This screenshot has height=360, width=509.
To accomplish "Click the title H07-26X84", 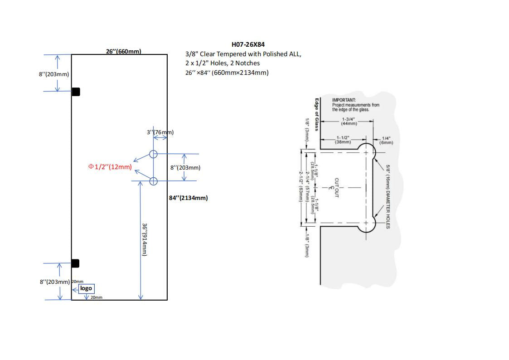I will click(x=248, y=44).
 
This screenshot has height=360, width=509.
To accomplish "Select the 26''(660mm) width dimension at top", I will click(x=123, y=51).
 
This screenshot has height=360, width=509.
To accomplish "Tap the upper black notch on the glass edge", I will click(x=76, y=92).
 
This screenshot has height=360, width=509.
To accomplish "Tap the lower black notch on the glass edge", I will click(x=75, y=263).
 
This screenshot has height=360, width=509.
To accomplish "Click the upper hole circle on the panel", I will click(x=153, y=154).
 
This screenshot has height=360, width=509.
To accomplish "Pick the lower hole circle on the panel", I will click(x=153, y=181).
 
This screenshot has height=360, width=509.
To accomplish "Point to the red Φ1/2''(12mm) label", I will click(x=110, y=167).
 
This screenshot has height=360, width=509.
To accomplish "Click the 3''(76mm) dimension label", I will click(x=160, y=132).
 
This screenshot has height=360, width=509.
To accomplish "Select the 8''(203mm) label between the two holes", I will click(x=185, y=168).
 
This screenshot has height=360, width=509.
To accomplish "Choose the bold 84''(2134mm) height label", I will click(x=189, y=198).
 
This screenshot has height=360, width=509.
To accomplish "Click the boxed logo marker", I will click(x=86, y=288).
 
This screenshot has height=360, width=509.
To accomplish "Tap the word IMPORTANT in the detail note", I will click(x=344, y=100).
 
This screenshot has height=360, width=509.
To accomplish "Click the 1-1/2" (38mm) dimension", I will click(x=343, y=140).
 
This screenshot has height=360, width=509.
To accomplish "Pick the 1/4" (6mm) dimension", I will click(x=387, y=140).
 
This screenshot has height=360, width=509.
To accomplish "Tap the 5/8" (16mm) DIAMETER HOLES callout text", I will click(x=388, y=196).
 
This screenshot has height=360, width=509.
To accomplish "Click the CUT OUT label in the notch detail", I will click(x=336, y=187).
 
